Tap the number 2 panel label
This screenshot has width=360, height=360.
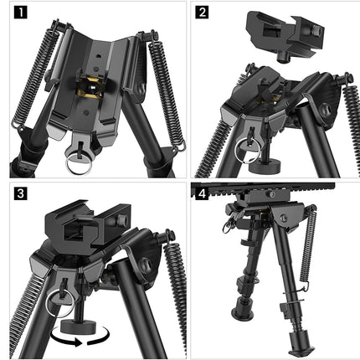[203, 13]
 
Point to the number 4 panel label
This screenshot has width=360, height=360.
[203, 195]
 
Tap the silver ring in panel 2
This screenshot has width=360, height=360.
[246, 153]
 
